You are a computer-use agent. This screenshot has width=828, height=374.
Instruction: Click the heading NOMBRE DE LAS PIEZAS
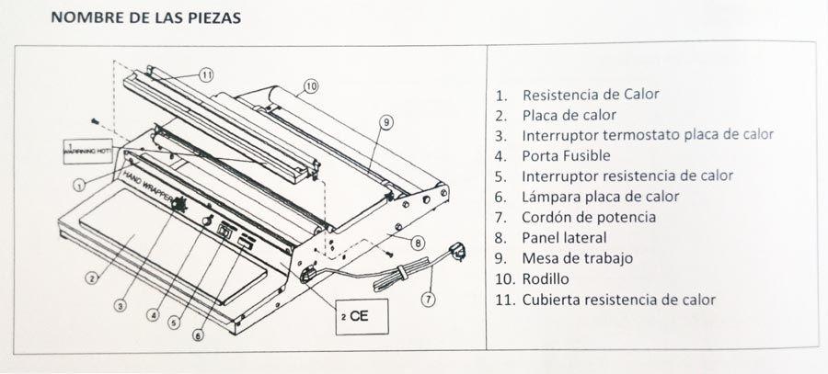point(146,18)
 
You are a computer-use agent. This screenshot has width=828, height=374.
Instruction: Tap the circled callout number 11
point(207,74)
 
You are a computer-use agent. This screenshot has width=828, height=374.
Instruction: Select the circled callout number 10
point(310,86)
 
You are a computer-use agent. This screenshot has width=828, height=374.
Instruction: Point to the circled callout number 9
point(385,121)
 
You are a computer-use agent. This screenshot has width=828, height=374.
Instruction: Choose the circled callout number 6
point(197,336)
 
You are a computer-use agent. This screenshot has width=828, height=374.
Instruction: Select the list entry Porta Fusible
point(562,155)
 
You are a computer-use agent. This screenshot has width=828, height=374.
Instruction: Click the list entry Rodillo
point(546,278)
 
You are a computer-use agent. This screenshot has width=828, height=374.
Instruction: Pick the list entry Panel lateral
point(563,238)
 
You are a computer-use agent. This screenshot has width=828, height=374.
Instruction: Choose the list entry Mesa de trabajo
point(577,258)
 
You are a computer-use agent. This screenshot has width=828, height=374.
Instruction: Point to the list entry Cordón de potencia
point(588,217)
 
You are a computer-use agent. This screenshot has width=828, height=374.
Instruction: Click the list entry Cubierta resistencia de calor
point(618,300)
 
